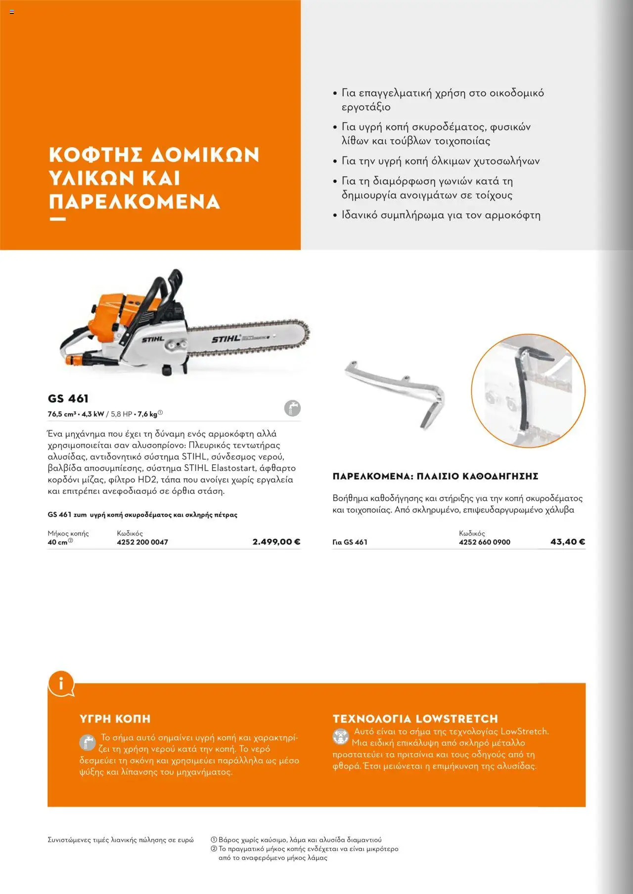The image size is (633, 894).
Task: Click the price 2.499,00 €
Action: (x=276, y=542)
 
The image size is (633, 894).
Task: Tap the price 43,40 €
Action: (x=568, y=542)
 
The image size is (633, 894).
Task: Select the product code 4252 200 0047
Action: (x=142, y=542)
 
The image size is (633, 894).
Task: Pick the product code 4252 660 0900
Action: (x=484, y=542)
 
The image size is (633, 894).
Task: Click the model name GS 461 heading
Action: (x=68, y=399)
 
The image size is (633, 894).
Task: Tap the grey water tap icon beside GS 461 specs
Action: (x=292, y=408)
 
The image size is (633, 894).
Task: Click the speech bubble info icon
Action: (x=61, y=684)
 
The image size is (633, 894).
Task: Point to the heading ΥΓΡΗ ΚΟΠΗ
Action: (x=115, y=719)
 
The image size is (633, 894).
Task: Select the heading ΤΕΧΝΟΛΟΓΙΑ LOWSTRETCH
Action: (x=415, y=719)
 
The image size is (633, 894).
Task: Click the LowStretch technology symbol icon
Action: (x=340, y=736)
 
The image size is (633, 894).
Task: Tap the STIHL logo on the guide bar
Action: (x=226, y=339)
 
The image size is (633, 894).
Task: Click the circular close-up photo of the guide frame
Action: (x=528, y=391)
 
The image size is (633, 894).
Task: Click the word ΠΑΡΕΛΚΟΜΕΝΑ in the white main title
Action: (x=134, y=202)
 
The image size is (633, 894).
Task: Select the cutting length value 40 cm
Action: (x=58, y=542)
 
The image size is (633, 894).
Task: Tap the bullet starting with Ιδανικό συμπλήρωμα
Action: (x=440, y=215)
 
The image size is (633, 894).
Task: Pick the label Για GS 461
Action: (x=350, y=542)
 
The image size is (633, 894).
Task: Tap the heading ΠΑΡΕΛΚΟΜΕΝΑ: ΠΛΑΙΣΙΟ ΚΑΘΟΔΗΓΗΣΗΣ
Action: (x=435, y=477)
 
